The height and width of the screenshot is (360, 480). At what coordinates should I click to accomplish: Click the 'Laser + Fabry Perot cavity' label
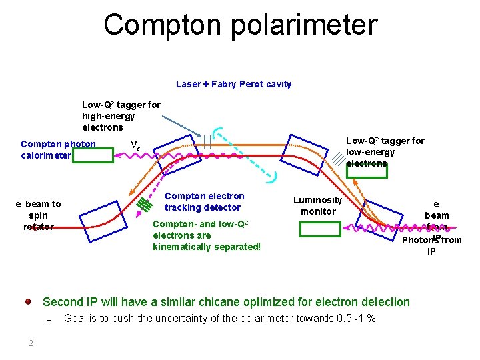pyautogui.click(x=233, y=85)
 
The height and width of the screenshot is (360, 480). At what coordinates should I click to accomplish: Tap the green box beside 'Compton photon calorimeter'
pyautogui.click(x=93, y=155)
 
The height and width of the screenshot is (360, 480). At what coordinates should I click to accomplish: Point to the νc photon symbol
pyautogui.click(x=135, y=145)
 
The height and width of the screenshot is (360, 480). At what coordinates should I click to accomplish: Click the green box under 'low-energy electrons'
pyautogui.click(x=367, y=171)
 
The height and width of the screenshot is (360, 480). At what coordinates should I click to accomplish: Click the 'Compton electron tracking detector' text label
pyautogui.click(x=204, y=202)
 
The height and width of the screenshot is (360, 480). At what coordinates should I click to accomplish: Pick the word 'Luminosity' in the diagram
pyautogui.click(x=317, y=200)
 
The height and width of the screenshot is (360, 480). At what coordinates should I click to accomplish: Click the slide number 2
pyautogui.click(x=31, y=343)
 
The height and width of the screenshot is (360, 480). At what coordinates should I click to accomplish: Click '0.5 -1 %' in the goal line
pyautogui.click(x=356, y=319)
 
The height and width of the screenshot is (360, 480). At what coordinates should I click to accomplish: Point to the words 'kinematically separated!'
pyautogui.click(x=207, y=247)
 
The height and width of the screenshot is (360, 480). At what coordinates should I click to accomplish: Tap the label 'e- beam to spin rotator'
pyautogui.click(x=38, y=215)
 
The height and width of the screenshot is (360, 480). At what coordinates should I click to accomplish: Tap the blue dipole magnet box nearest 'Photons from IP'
pyautogui.click(x=379, y=219)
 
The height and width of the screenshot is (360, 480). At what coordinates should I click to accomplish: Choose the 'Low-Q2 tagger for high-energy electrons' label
pyautogui.click(x=121, y=116)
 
